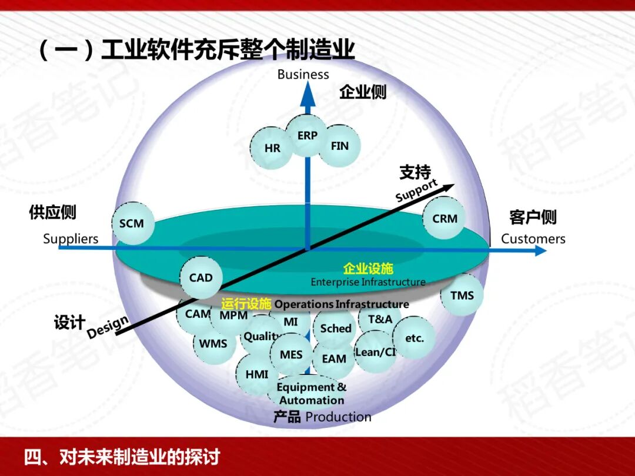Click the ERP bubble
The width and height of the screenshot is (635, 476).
point(307,136)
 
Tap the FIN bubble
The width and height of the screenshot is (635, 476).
point(340,146)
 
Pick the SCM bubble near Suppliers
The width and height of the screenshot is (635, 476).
point(132,223)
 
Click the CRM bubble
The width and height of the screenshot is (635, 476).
point(444,219)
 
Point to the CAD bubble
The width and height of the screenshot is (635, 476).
point(201,277)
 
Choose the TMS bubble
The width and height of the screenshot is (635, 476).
point(462,295)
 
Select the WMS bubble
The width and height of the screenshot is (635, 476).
point(213,343)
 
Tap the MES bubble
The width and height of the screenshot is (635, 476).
point(291,355)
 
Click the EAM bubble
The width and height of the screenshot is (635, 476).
point(334,358)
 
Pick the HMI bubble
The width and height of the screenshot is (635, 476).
point(257,374)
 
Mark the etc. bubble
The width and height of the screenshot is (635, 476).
point(415,338)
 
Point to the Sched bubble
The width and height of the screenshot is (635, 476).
point(336,328)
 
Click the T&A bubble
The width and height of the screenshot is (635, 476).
point(380,320)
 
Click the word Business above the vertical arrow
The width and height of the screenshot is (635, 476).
point(303,75)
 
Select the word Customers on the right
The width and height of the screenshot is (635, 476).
point(533,239)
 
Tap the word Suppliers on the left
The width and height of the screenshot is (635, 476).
point(71,239)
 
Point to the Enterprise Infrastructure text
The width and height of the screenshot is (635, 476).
point(368,282)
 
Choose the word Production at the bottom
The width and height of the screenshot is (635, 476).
point(339,417)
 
